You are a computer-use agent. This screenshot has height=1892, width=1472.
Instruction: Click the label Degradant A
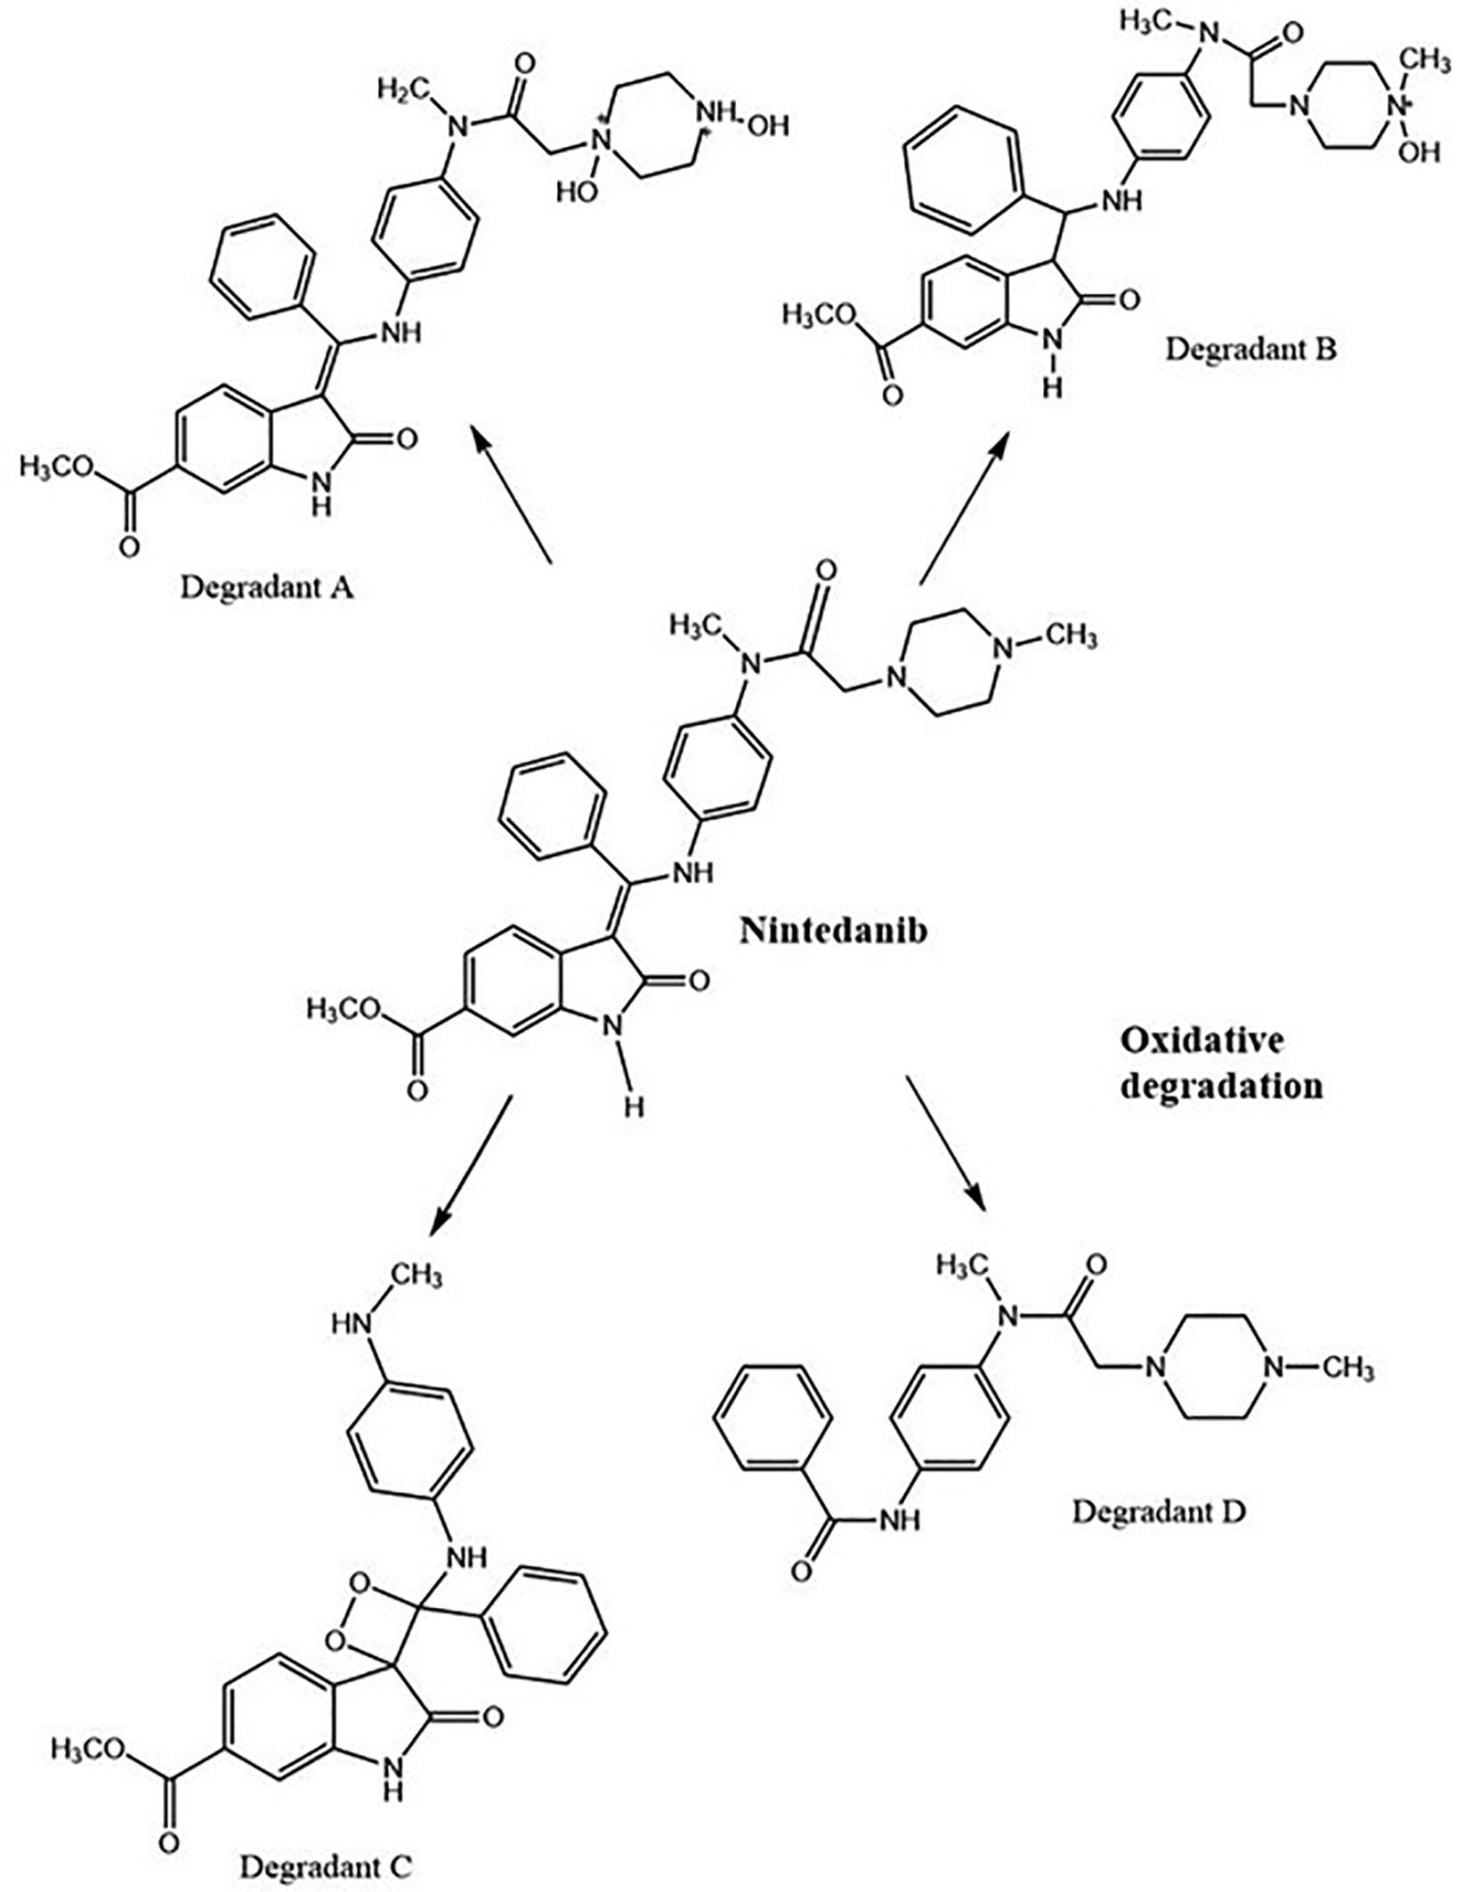[266, 587]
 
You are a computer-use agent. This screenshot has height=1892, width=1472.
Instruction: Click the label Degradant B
[1250, 348]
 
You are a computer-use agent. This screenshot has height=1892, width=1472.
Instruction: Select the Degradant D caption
[1158, 1510]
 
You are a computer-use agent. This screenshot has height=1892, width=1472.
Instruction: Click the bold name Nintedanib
[833, 930]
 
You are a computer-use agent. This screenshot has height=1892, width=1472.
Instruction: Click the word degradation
[1221, 1086]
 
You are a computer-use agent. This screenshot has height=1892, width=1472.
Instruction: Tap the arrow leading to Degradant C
[471, 1166]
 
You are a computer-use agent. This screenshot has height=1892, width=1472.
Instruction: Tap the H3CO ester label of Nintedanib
[344, 1008]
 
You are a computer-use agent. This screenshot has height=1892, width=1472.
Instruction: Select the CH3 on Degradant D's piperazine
[1347, 1366]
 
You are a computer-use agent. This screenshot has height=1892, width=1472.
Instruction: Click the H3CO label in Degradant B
[819, 313]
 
